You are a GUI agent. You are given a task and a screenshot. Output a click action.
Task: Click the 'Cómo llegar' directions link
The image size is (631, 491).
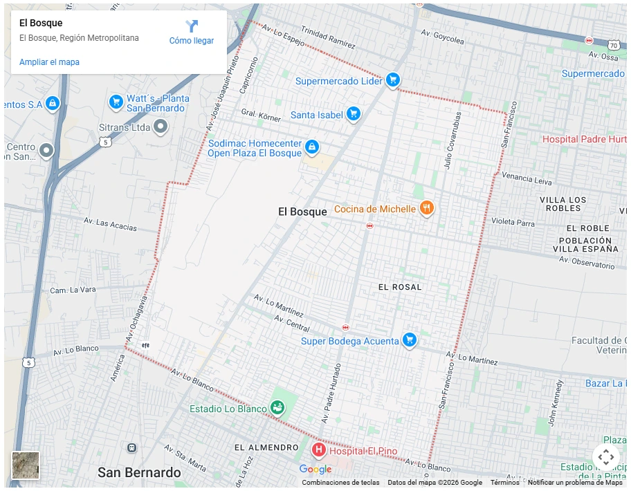pyautogui.click(x=192, y=33)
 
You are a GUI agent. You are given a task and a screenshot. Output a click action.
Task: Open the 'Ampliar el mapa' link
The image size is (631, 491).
pyautogui.click(x=49, y=62)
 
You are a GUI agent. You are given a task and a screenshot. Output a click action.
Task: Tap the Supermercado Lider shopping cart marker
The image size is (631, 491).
pyautogui.click(x=393, y=80)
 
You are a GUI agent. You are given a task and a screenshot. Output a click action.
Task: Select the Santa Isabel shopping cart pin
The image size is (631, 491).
pyautogui.click(x=354, y=113)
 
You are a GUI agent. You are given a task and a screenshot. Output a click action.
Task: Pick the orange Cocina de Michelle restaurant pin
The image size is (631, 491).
pyautogui.click(x=427, y=207)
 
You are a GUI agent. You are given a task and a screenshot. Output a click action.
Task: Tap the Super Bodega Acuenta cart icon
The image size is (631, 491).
pyautogui.click(x=410, y=340)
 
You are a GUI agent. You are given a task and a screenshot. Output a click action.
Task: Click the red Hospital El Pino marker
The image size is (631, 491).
pyautogui.click(x=319, y=451)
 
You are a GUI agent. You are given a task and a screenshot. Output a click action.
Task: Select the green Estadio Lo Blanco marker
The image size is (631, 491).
pyautogui.click(x=277, y=407)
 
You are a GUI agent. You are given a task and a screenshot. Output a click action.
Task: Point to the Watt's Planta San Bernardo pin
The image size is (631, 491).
pyautogui.click(x=116, y=102)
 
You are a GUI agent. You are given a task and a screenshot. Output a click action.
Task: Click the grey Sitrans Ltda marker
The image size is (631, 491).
pyautogui.click(x=161, y=127)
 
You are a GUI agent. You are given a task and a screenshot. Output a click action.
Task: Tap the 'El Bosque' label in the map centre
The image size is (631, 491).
pyautogui.click(x=302, y=212)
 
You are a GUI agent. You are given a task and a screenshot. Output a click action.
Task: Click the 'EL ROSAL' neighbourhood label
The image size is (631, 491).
pyautogui.click(x=400, y=287)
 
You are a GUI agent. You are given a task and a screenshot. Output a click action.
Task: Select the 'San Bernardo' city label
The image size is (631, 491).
pyautogui.click(x=139, y=473)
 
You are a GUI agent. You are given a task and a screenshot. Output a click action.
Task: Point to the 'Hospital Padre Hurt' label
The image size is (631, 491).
pyautogui.click(x=583, y=139)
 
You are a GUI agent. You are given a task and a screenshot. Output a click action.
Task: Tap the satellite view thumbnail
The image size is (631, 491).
pyautogui.click(x=26, y=465)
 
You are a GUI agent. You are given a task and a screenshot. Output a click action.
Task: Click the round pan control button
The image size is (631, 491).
pyautogui.click(x=605, y=457)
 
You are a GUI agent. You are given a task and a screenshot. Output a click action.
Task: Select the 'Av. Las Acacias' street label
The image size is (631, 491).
pyautogui.click(x=111, y=225)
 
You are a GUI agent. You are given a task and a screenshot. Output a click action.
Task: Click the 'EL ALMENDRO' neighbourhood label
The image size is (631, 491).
pyautogui.click(x=266, y=447)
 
